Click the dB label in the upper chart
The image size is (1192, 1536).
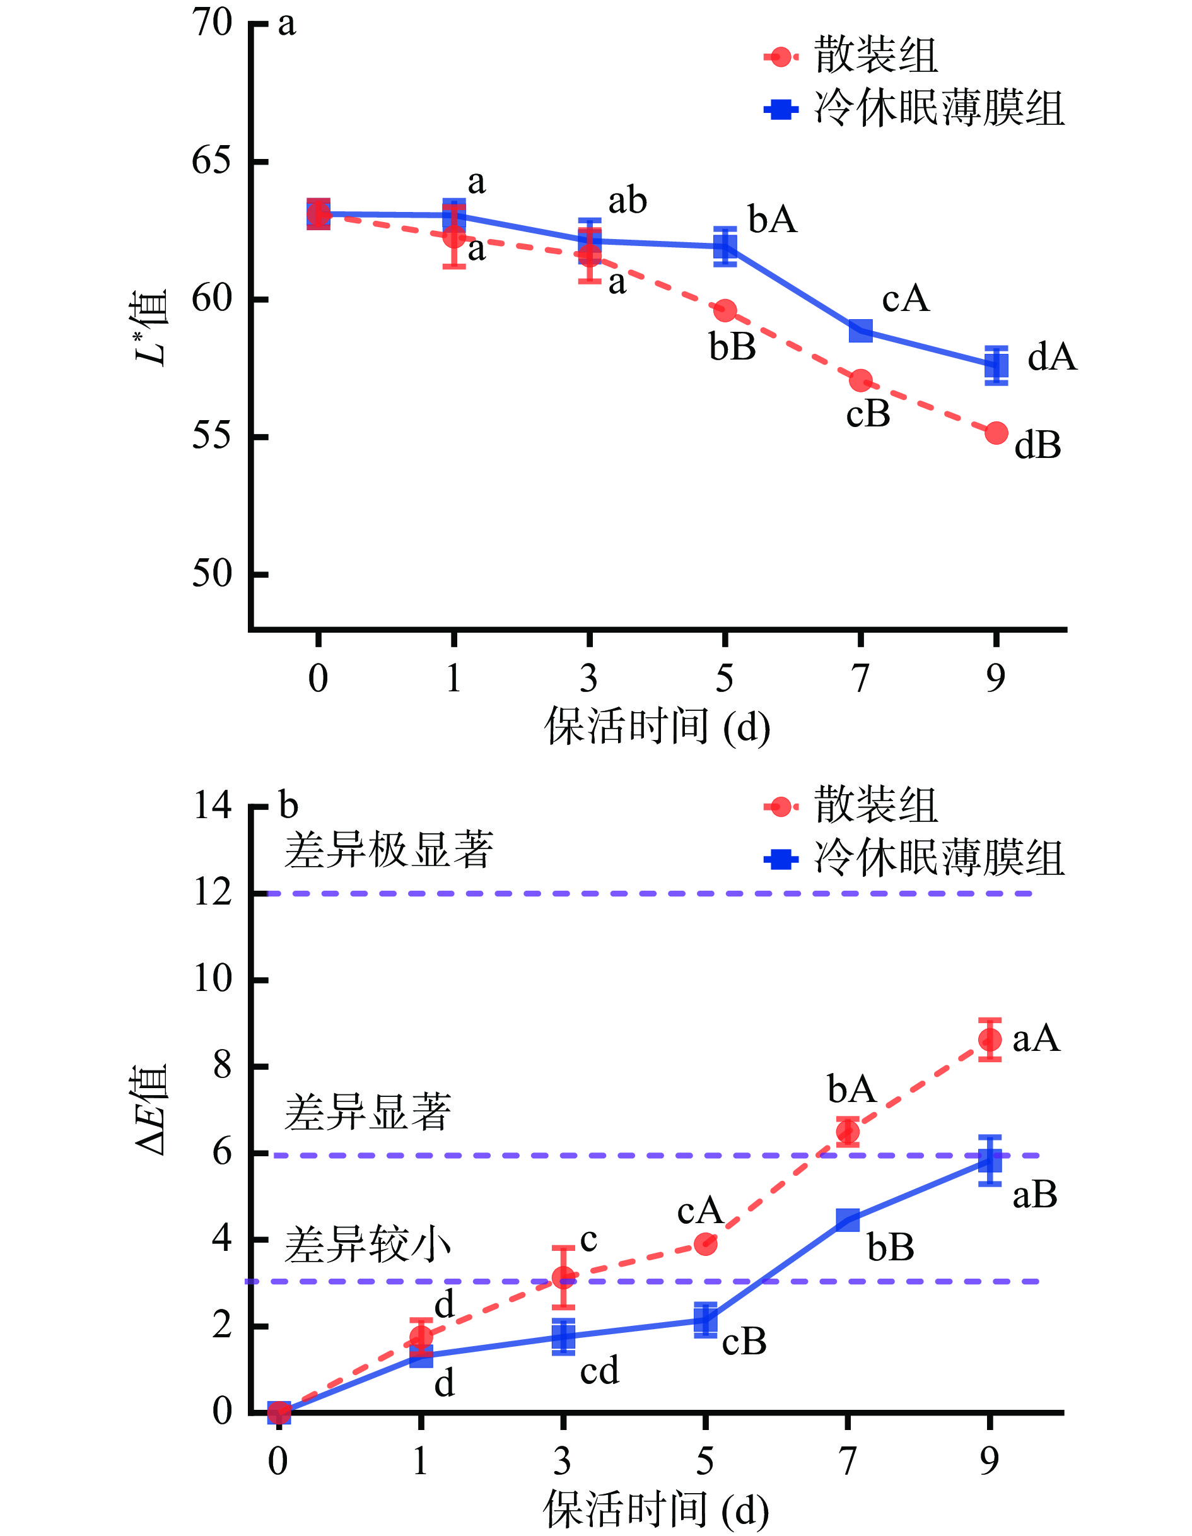pos(1037,445)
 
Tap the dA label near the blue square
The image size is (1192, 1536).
pos(1052,357)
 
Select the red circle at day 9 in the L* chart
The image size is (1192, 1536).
pos(996,433)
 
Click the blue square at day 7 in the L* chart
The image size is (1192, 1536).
pos(861,331)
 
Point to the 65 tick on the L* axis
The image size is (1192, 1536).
pos(212,161)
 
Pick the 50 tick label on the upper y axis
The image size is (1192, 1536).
pos(212,574)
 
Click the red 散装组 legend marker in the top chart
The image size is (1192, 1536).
pos(781,56)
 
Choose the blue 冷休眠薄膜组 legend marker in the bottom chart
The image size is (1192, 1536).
pos(781,859)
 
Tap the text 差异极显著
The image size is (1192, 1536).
pos(389,850)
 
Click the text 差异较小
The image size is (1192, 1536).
pos(367,1245)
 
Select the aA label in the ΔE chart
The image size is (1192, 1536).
pos(1036,1039)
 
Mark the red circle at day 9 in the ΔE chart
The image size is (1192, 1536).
pos(990,1040)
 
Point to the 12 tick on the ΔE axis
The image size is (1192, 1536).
pos(213,893)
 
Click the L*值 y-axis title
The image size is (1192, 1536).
pos(151,327)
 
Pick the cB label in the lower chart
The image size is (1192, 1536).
pos(744,1342)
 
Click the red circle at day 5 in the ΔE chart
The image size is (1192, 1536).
pos(705,1244)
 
